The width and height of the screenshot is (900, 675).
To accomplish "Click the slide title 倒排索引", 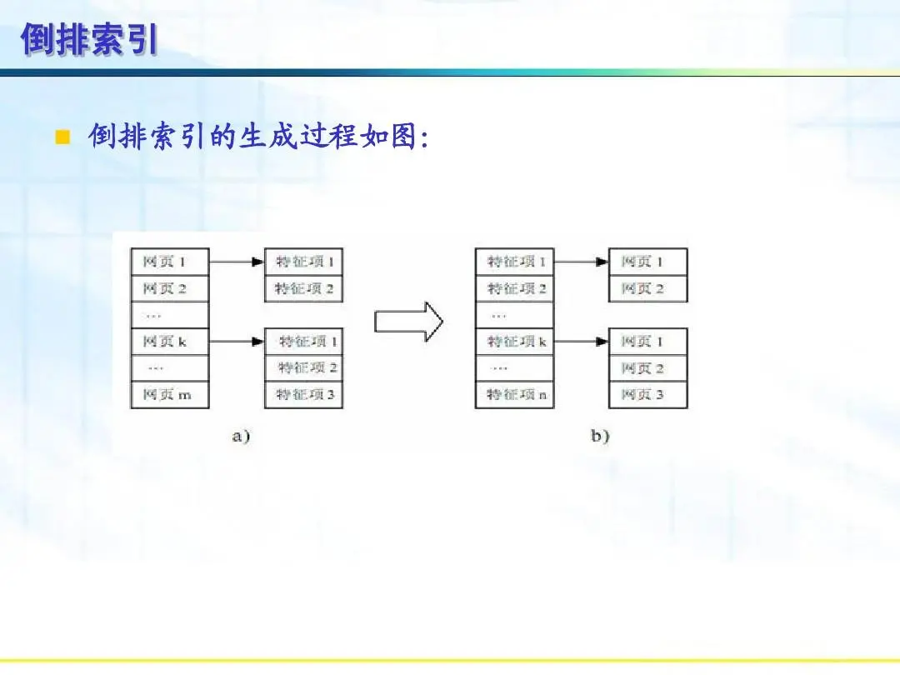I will click(89, 39).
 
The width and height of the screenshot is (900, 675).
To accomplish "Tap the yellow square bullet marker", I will click(61, 137).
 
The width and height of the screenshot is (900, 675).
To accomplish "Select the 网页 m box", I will click(169, 395).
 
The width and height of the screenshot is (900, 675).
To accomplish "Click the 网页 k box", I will click(169, 342).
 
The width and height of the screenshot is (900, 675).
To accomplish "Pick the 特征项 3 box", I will click(304, 395).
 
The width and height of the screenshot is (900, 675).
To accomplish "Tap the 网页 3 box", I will click(647, 395).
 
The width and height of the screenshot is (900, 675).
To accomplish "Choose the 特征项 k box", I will click(514, 342).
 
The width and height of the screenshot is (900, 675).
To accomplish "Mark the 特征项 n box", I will click(514, 395).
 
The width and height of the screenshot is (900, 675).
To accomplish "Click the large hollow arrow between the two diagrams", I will click(408, 322).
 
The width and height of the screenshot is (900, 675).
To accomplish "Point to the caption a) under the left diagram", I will click(241, 436).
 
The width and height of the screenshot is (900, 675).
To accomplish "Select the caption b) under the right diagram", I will click(600, 436).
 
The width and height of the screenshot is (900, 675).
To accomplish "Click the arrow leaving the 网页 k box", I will click(237, 342).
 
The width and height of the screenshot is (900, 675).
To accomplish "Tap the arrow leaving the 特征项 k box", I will click(581, 342).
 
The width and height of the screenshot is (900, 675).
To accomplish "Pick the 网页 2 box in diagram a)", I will click(169, 288).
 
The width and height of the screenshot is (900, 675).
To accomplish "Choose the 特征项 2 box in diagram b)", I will click(514, 288).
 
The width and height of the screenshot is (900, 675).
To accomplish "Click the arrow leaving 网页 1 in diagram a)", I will click(237, 262).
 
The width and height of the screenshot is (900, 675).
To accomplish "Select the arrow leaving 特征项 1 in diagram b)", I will click(581, 262).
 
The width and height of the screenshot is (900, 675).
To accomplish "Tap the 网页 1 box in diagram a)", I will click(169, 262).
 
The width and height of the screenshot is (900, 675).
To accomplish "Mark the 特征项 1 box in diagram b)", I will click(514, 262).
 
